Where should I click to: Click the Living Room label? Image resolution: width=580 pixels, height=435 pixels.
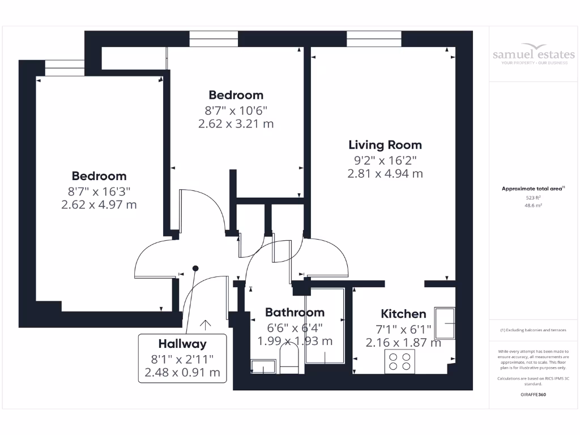click(x=385, y=144)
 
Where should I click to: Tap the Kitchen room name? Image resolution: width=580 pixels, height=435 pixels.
click(x=403, y=314)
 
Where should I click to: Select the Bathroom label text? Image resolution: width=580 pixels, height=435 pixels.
click(x=295, y=312)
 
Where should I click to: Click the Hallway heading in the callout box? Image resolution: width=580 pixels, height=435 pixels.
click(x=182, y=343)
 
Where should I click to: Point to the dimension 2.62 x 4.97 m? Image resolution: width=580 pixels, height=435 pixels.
click(x=99, y=204)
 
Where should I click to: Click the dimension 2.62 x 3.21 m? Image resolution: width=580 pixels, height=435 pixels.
click(x=236, y=123)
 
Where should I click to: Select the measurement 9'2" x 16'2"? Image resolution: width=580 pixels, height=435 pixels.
click(x=385, y=160)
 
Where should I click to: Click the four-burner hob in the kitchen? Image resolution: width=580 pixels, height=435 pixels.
click(x=399, y=361)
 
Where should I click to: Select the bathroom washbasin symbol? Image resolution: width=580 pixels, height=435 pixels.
click(x=262, y=367)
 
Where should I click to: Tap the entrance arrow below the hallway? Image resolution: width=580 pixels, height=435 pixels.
click(x=205, y=325)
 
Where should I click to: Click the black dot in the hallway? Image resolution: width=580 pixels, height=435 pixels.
click(x=195, y=268)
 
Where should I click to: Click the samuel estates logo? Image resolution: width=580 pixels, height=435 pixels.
click(x=534, y=54)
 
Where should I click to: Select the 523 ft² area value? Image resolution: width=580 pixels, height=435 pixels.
click(x=534, y=198)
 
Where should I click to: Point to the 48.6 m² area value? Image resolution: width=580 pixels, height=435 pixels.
click(x=534, y=206)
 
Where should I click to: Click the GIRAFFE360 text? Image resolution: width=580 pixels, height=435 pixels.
click(x=534, y=394)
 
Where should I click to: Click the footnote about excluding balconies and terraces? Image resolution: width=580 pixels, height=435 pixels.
click(x=534, y=330)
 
